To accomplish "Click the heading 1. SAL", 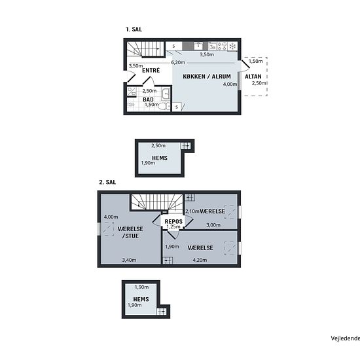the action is click(x=134, y=29).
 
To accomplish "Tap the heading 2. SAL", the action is click(x=107, y=183).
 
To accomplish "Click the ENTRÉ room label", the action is click(x=151, y=70).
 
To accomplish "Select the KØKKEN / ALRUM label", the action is click(x=207, y=77).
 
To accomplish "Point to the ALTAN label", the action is click(x=253, y=77).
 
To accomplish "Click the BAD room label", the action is click(x=148, y=99).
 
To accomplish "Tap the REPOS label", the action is click(x=173, y=221).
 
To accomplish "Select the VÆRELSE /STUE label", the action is click(x=130, y=232).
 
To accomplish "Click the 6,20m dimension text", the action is click(x=178, y=62).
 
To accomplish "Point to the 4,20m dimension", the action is click(x=200, y=260).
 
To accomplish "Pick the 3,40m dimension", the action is click(x=129, y=260).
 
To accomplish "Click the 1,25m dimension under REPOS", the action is click(x=173, y=226).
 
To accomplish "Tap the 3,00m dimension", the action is click(x=213, y=225).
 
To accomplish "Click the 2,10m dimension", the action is click(x=192, y=211).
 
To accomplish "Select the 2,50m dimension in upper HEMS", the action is click(x=158, y=145).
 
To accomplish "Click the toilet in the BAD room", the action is click(x=164, y=106).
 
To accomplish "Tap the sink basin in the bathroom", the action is click(x=166, y=94).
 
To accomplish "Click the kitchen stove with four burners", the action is click(x=222, y=46).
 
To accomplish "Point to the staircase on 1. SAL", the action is click(x=146, y=49).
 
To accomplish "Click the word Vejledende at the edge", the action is click(x=346, y=338).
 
